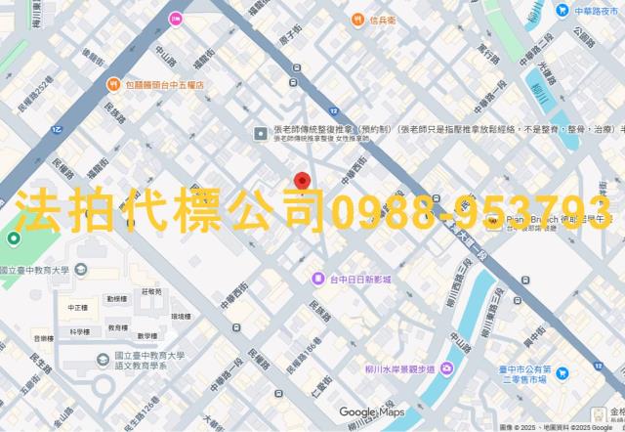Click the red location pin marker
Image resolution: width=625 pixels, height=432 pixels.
tap(303, 182)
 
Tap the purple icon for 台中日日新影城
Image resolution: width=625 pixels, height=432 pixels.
tap(318, 280)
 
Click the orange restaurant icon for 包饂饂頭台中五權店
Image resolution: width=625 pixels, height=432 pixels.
tap(114, 85)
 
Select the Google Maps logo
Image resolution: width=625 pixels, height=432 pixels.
tap(372, 412)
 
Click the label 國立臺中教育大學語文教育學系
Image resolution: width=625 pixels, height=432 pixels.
tap(150, 363)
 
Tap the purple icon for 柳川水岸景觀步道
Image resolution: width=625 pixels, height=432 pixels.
tap(445, 368)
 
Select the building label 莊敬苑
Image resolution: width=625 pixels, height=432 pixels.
tap(151, 291)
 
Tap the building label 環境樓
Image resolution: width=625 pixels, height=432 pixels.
tap(181, 316)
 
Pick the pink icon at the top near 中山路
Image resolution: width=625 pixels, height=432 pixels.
tap(176, 18)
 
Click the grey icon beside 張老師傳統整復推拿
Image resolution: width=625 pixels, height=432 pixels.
tap(260, 133)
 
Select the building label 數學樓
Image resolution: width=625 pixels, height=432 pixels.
tap(146, 335)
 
